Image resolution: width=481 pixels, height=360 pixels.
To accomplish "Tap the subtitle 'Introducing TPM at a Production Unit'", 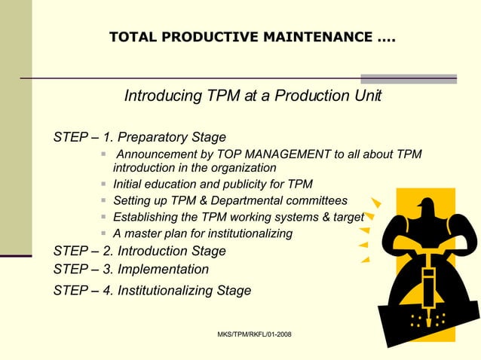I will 253,96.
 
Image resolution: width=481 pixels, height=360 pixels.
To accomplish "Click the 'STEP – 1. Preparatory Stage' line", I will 139,137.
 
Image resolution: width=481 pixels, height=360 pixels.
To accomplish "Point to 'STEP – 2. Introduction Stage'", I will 139,251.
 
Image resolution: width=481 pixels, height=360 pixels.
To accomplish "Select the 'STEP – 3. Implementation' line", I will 131,269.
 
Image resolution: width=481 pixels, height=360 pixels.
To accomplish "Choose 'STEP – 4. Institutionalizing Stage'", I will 152,290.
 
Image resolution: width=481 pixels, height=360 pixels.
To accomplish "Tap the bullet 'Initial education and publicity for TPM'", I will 213,184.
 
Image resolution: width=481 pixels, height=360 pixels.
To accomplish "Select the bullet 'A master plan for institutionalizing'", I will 202,233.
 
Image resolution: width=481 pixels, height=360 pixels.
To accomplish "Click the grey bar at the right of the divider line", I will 409,78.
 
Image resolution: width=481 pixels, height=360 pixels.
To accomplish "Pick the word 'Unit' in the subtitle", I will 367,96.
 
